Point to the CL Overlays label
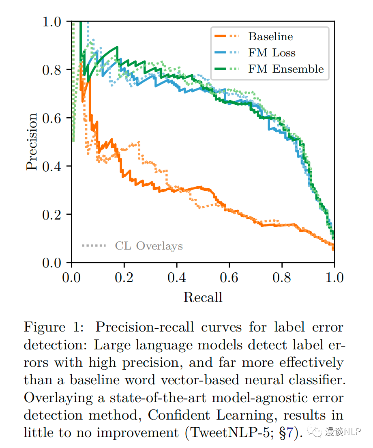[x=149, y=246]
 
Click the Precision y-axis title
[x=32, y=142]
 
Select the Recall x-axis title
[x=203, y=297]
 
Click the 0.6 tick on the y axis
[x=52, y=118]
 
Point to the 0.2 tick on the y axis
[x=52, y=215]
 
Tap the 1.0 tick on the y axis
[x=52, y=22]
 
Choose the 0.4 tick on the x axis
[x=177, y=278]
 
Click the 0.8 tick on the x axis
[x=282, y=278]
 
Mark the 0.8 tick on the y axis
[x=52, y=70]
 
